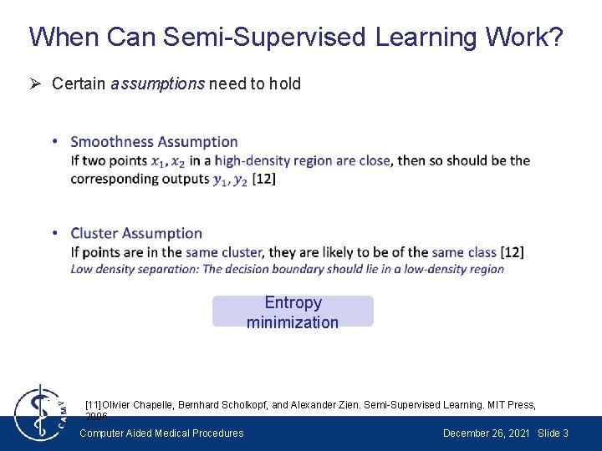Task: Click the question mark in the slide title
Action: pyautogui.click(x=554, y=37)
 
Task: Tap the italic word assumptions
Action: pyautogui.click(x=157, y=84)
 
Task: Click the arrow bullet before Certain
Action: pyautogui.click(x=37, y=84)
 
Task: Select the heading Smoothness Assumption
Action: pyautogui.click(x=154, y=142)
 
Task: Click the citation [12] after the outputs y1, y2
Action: pyautogui.click(x=263, y=178)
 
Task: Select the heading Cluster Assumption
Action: pyautogui.click(x=136, y=233)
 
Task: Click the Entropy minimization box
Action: pyautogui.click(x=293, y=312)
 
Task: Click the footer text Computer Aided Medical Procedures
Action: pyautogui.click(x=161, y=433)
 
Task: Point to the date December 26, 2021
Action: pyautogui.click(x=487, y=433)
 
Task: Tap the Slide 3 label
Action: pyautogui.click(x=554, y=433)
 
